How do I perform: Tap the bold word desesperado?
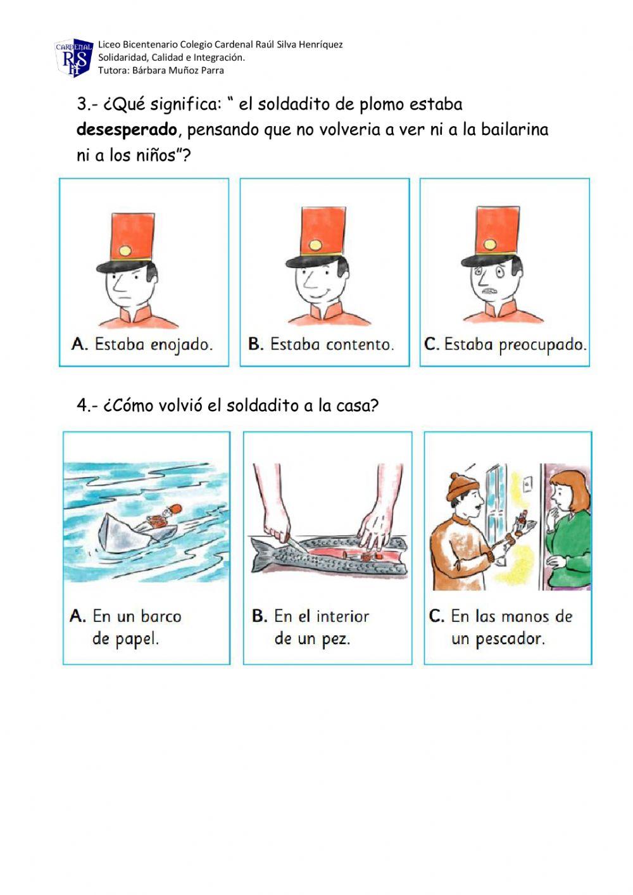pyautogui.click(x=127, y=130)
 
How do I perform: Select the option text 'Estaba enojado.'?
pyautogui.click(x=153, y=345)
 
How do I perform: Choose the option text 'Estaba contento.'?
pyautogui.click(x=332, y=345)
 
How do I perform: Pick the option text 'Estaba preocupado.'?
pyautogui.click(x=515, y=345)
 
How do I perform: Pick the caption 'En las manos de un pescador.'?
pyautogui.click(x=500, y=627)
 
